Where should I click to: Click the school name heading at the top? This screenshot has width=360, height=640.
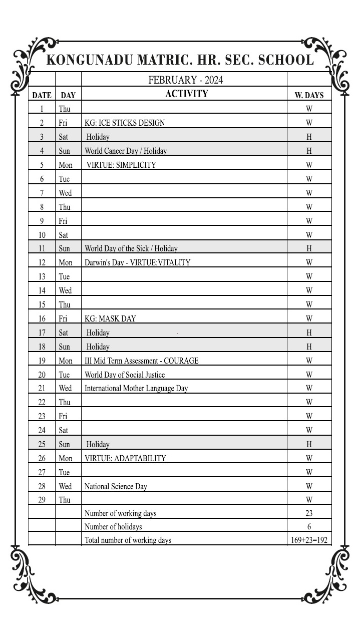tap(180, 60)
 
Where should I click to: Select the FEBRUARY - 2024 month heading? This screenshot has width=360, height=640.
tap(185, 80)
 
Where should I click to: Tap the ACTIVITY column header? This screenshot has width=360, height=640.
tap(186, 94)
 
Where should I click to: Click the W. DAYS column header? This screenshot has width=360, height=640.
tap(309, 95)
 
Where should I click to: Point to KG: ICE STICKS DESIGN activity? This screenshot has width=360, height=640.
tap(125, 123)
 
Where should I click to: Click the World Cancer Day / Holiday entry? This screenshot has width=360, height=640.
tap(126, 151)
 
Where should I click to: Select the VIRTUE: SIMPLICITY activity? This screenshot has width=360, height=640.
tap(121, 165)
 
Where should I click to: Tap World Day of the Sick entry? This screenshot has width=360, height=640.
tap(131, 248)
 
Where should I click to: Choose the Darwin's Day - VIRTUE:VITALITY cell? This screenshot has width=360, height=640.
tap(137, 262)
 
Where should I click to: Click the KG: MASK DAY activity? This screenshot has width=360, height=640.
tap(110, 318)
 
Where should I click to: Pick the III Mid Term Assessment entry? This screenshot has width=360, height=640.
tap(141, 361)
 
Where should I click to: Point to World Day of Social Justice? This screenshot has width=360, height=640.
tap(125, 375)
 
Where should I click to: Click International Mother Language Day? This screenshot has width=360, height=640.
tap(136, 388)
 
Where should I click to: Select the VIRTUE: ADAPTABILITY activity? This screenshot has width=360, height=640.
tap(125, 458)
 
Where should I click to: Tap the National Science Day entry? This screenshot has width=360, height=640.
tap(116, 486)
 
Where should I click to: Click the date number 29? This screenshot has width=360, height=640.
tap(42, 500)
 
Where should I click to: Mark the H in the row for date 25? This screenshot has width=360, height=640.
tap(309, 444)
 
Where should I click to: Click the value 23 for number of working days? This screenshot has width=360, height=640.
tap(309, 513)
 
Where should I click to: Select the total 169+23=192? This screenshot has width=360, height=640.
tap(309, 540)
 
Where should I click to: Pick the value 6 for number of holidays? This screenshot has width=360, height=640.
tap(309, 527)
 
